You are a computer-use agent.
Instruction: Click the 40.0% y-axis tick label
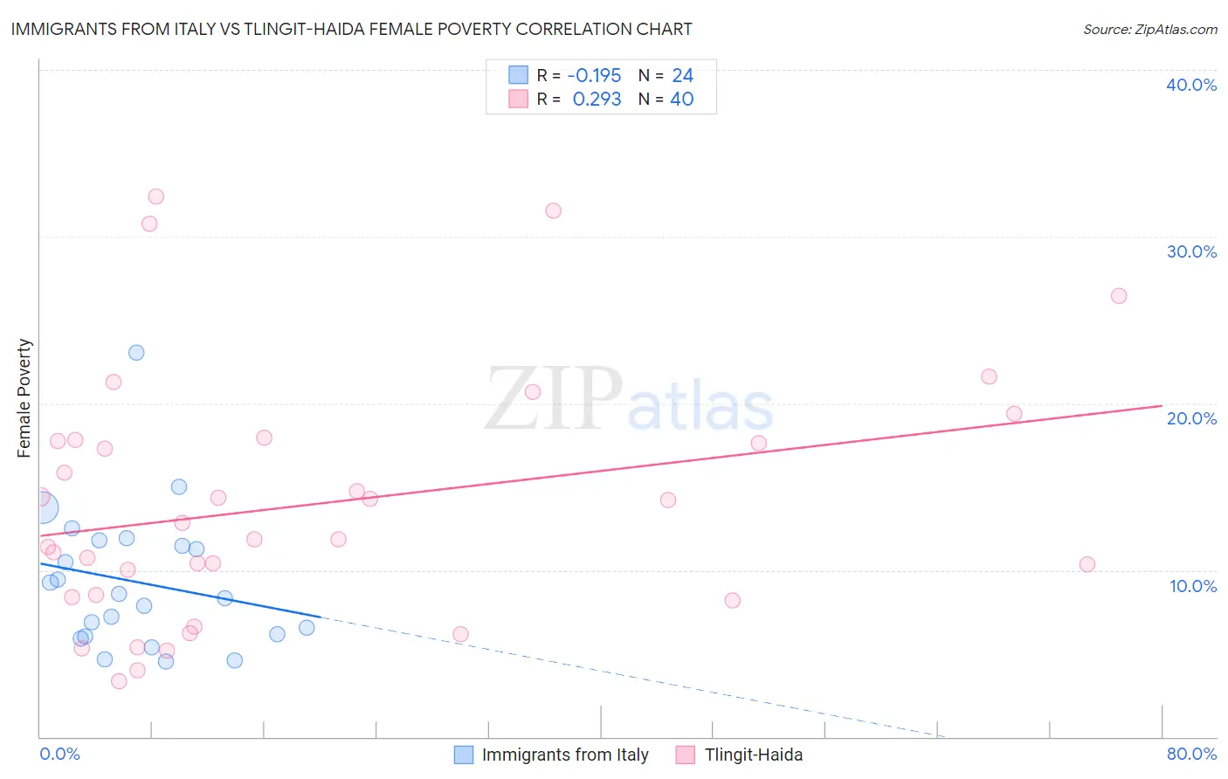click(1190, 85)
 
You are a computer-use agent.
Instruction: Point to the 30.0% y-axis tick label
click(1190, 252)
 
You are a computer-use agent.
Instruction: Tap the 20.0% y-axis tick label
click(1190, 418)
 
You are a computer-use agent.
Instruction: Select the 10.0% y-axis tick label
click(1192, 586)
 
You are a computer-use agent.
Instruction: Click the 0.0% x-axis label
click(59, 754)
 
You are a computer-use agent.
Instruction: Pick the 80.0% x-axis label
click(1191, 754)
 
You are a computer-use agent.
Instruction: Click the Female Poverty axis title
click(24, 398)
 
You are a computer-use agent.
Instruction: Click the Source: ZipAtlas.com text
click(1149, 30)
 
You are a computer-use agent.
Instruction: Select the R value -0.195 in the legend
click(594, 75)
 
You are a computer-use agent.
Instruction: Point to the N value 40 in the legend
click(681, 100)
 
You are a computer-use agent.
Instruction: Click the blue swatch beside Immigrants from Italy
click(464, 755)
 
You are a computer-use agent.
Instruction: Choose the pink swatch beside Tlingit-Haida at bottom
click(686, 755)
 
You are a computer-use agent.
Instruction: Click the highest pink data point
click(155, 196)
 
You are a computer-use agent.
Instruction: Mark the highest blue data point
click(136, 353)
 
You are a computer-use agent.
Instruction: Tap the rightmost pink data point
click(1119, 296)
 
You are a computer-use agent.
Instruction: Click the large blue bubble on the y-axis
click(41, 507)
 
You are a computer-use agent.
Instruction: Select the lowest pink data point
click(119, 681)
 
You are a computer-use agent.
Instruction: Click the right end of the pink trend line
click(1162, 405)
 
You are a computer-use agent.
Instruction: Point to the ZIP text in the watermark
click(553, 399)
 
